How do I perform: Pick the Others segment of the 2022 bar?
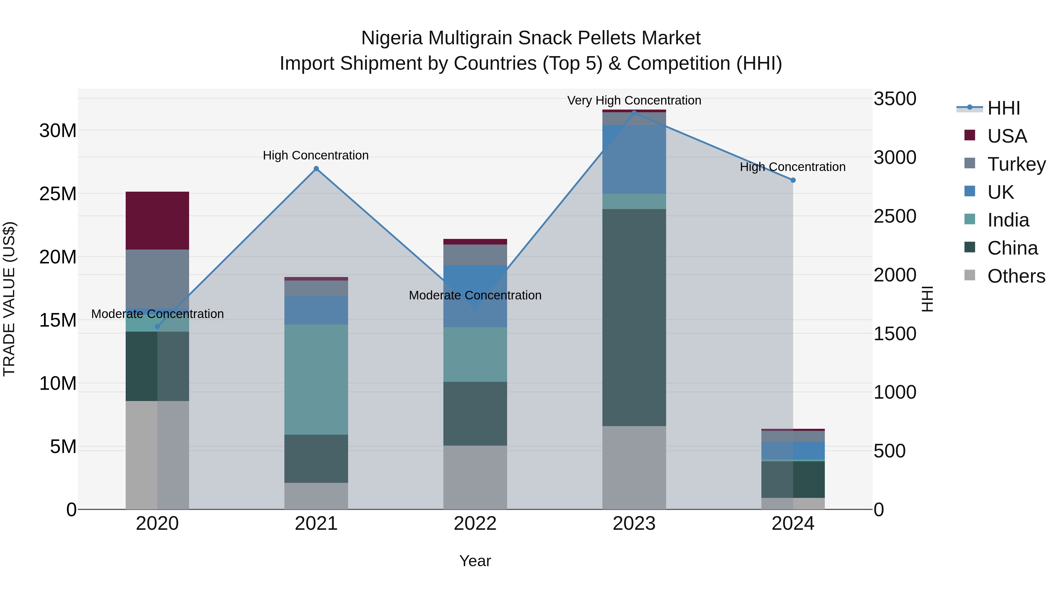[475, 477]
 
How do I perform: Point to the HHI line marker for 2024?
[793, 180]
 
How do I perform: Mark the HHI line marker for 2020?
[157, 326]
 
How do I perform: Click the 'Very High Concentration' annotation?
[634, 101]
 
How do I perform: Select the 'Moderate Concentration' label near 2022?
[475, 296]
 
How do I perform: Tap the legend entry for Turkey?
[1016, 164]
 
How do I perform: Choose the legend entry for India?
[1008, 220]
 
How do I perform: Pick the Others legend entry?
[1016, 276]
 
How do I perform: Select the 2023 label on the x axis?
[634, 524]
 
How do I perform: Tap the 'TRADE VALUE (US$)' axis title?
[9, 299]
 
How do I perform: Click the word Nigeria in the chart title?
[392, 38]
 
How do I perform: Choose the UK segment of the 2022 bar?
[475, 296]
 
